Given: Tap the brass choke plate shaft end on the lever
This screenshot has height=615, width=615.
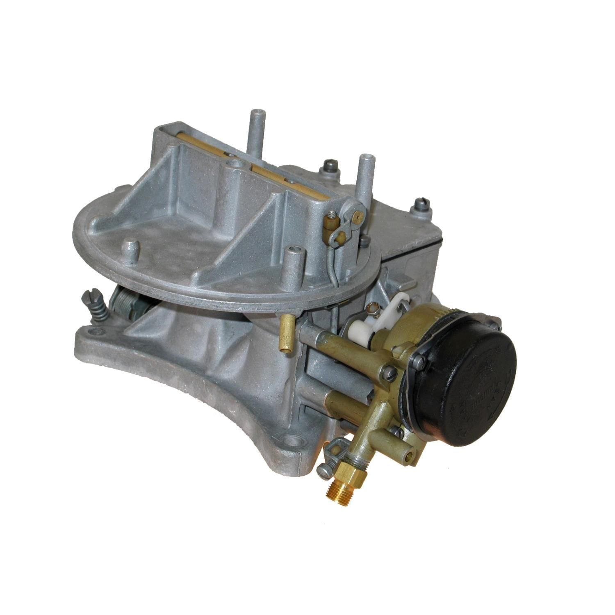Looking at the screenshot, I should point(360,213).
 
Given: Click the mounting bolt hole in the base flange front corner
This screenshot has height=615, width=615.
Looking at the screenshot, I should point(293,441).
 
